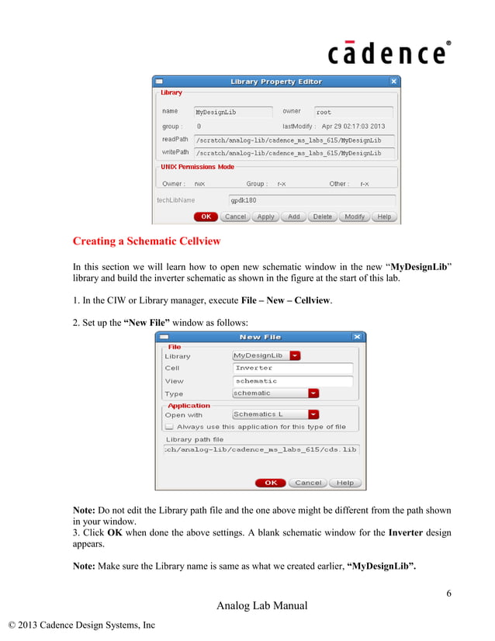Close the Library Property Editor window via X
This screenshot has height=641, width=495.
393,81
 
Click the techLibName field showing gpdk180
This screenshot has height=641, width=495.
310,199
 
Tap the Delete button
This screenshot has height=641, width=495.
322,217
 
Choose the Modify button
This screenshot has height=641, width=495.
355,217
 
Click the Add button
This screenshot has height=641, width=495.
293,217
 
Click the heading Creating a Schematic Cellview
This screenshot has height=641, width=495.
147,241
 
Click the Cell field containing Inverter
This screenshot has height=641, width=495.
292,368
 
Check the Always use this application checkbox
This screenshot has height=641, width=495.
169,427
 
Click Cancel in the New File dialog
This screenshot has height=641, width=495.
308,483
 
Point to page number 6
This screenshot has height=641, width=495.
448,594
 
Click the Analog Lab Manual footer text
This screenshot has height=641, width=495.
261,606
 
